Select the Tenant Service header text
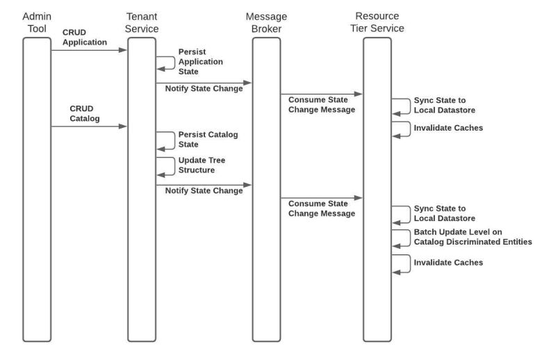pos(142,22)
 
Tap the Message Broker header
pos(266,22)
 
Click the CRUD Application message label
pos(85,37)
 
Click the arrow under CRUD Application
pos(89,50)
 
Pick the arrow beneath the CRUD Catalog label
pos(89,126)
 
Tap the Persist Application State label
pos(201,61)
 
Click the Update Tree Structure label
pos(202,165)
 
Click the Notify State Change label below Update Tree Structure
pos(204,190)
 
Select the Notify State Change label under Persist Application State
pos(204,88)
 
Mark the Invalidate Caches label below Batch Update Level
pos(448,263)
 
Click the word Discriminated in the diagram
pos(478,242)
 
